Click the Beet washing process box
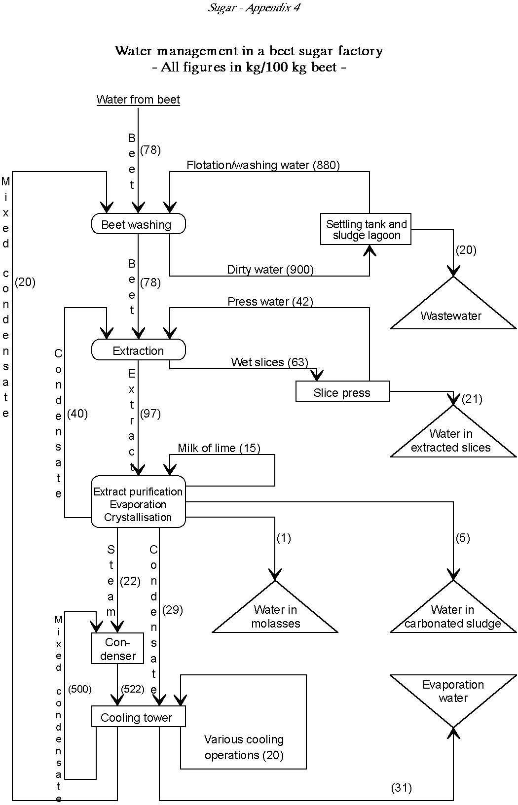click(138, 224)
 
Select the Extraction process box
click(138, 350)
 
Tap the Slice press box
click(342, 392)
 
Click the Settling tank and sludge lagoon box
click(366, 230)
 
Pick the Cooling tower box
click(138, 717)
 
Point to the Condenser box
click(117, 649)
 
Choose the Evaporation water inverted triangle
click(453, 695)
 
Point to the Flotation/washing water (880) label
click(263, 165)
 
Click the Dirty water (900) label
click(270, 270)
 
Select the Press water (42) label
click(270, 301)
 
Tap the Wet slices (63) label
click(269, 362)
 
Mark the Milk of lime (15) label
click(219, 448)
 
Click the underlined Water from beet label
click(138, 100)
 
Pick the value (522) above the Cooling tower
click(132, 689)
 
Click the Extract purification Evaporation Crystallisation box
click(138, 504)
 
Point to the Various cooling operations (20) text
click(244, 747)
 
